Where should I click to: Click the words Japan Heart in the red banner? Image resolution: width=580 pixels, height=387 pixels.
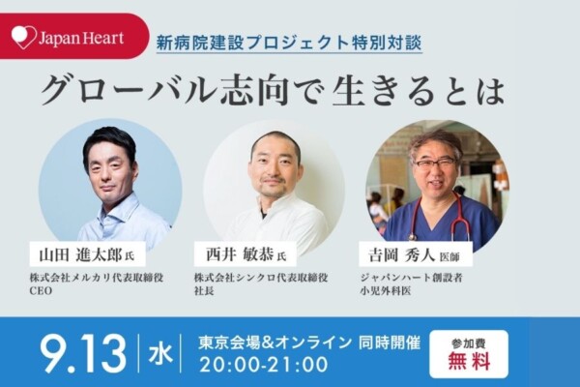click(x=81, y=39)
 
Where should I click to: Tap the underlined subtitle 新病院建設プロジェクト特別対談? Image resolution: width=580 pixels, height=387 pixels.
click(x=289, y=43)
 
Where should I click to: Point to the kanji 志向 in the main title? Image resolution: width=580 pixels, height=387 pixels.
click(x=254, y=91)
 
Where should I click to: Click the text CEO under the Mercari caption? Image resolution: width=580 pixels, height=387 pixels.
click(x=41, y=291)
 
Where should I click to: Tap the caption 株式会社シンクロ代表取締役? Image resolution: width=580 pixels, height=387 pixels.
click(x=261, y=278)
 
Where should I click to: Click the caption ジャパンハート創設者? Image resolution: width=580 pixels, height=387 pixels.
click(x=412, y=278)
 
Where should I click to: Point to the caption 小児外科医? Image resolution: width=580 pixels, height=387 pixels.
click(x=386, y=291)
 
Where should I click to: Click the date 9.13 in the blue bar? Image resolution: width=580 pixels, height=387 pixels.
click(x=83, y=353)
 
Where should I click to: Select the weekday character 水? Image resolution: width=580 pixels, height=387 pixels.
click(x=160, y=353)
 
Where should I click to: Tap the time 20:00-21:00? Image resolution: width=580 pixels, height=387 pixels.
click(x=264, y=365)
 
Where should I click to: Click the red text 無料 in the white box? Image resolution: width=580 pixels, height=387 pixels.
click(x=469, y=361)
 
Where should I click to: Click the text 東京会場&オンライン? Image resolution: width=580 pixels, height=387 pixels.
click(x=275, y=342)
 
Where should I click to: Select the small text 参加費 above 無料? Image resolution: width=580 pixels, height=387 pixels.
click(x=469, y=343)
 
